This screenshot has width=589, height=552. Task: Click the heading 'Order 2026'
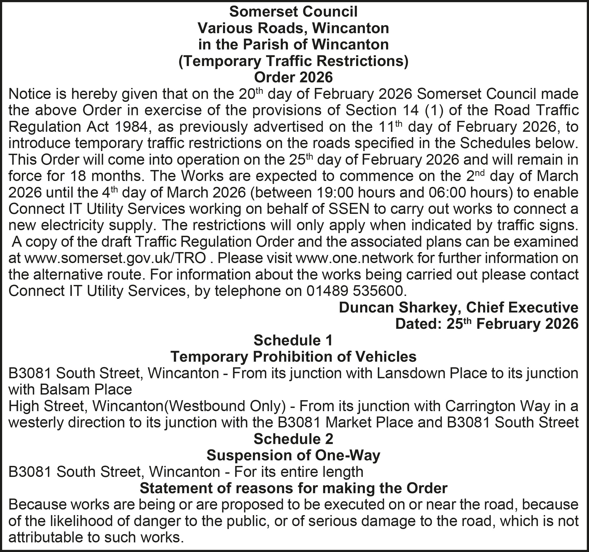click(293, 77)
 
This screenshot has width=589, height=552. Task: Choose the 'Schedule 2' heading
click(293, 439)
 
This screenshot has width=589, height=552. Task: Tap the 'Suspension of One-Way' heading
click(293, 455)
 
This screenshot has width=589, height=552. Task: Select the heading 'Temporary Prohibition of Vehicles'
click(293, 357)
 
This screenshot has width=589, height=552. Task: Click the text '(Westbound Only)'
click(225, 406)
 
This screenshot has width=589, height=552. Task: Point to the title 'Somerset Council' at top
click(293, 12)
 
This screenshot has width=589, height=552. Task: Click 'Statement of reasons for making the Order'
click(293, 488)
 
